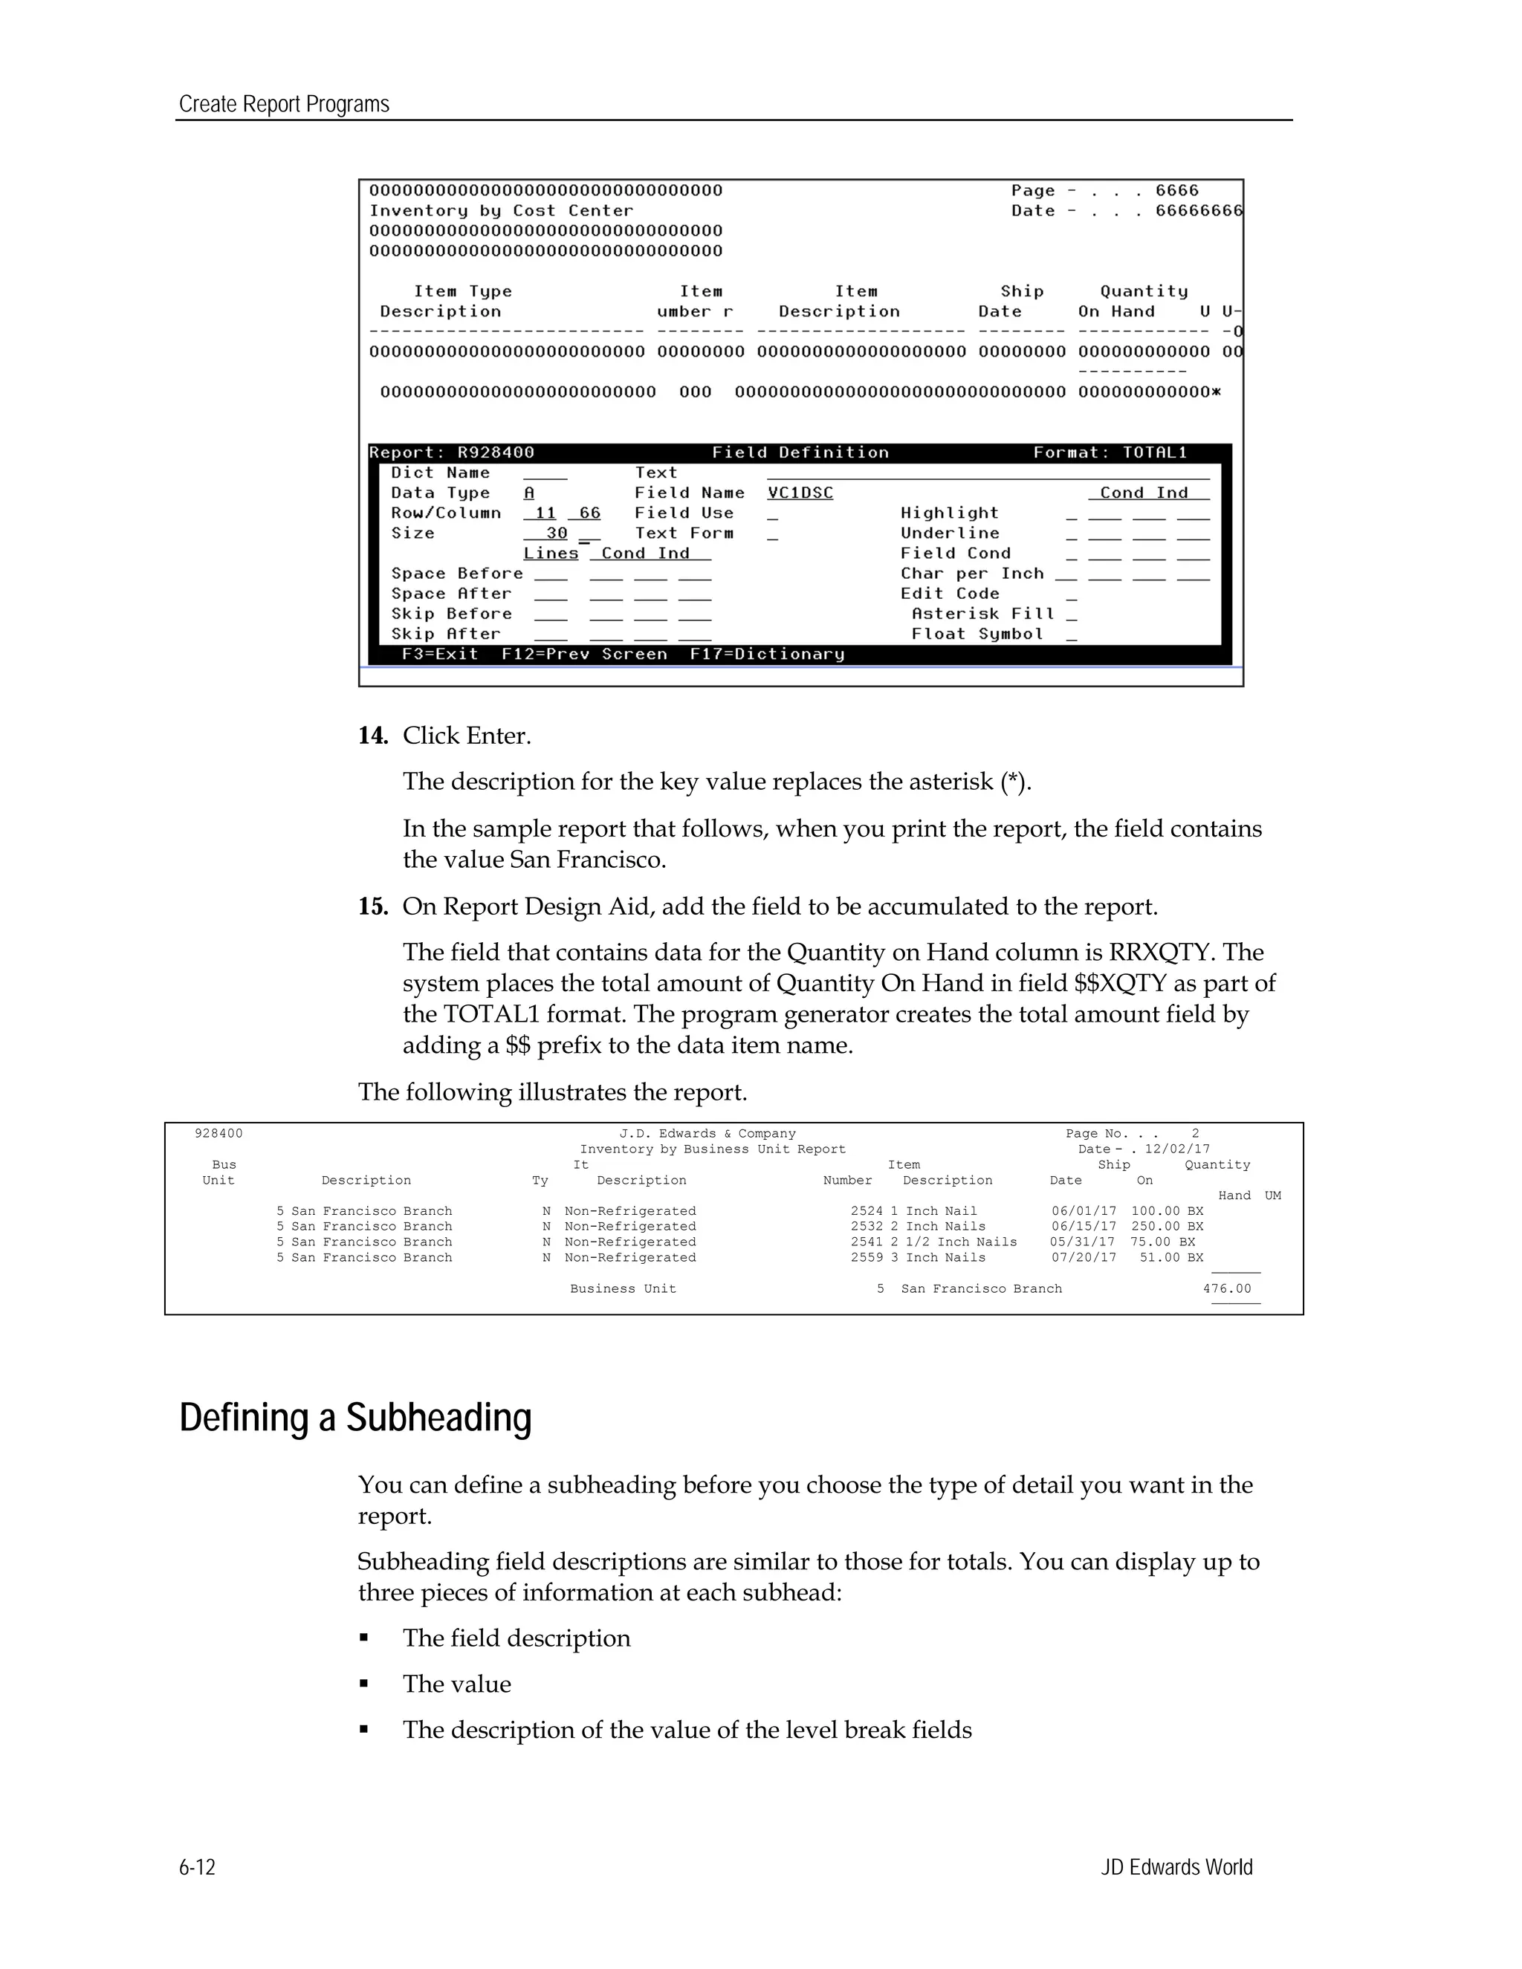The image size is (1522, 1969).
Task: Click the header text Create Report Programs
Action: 284,105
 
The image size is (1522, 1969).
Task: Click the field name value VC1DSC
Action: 800,493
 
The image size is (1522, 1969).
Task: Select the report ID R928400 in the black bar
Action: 496,452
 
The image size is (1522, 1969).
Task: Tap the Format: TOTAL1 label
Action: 1110,452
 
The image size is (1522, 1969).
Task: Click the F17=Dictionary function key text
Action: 766,655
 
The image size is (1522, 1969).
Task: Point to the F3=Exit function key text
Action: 440,655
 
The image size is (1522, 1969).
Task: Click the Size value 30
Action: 557,533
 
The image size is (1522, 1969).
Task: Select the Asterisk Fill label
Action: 982,614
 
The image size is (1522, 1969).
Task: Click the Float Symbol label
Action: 977,634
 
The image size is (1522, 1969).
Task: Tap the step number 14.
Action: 372,736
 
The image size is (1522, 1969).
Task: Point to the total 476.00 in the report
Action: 1226,1288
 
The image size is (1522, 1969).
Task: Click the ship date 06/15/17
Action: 1083,1226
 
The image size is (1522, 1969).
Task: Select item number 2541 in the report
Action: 867,1242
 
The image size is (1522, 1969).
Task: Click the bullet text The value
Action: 456,1684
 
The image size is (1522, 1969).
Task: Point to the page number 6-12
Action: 198,1866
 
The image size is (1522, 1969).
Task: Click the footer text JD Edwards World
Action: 1176,1866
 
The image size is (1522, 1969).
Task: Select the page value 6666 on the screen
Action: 1176,191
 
